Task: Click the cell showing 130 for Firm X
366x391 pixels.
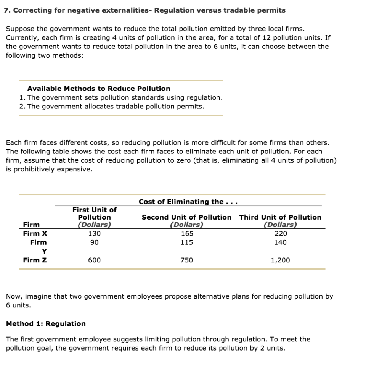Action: click(95, 233)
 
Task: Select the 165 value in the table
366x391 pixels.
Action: click(187, 233)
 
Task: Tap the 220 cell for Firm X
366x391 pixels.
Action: click(281, 233)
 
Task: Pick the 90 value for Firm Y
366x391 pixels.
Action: click(95, 242)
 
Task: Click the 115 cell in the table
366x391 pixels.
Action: click(187, 242)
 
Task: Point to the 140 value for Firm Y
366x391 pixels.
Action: click(281, 242)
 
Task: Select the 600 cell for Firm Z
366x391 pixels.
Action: click(95, 260)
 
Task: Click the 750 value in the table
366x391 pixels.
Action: click(187, 260)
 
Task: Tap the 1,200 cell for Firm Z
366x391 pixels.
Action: click(281, 260)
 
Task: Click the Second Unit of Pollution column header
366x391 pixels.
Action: click(186, 217)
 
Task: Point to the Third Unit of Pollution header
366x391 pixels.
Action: click(280, 217)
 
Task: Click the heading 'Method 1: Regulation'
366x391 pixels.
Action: click(46, 323)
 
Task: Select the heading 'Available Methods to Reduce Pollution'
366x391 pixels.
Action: click(99, 88)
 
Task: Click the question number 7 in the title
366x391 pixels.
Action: click(6, 10)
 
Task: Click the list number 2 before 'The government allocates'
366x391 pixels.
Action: click(21, 106)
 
